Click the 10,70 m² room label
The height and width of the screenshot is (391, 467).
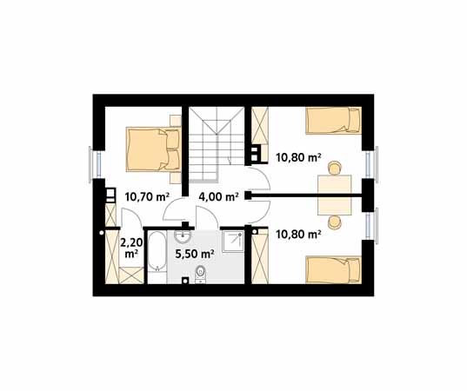point(147,197)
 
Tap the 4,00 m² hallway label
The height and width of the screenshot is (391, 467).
point(218,197)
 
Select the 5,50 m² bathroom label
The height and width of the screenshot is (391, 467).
point(195,254)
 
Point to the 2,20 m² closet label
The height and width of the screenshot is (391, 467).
point(131,249)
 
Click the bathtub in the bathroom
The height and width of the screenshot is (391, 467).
point(157,251)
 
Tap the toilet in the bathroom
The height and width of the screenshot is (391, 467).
point(200,274)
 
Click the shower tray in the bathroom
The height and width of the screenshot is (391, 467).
point(233,241)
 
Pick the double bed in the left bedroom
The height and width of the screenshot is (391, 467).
point(153,149)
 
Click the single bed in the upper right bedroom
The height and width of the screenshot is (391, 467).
point(334,121)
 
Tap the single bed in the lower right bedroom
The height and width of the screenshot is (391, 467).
point(334,270)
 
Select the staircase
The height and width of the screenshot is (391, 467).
point(217,143)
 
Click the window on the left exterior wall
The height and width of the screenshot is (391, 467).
point(96,164)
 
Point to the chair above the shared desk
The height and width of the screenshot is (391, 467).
point(335,168)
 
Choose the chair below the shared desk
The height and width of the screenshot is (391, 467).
point(335,222)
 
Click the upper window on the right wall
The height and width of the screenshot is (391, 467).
point(372,164)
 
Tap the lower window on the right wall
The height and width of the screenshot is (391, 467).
point(372,226)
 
